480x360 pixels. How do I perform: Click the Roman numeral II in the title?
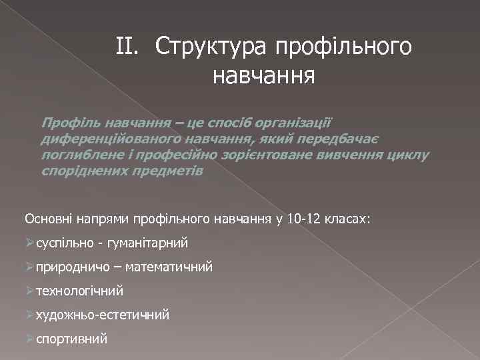(127, 47)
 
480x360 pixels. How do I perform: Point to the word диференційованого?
(105, 139)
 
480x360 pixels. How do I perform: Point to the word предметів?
(169, 171)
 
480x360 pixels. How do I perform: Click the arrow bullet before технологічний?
(29, 291)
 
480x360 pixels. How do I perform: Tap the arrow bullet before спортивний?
(29, 338)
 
